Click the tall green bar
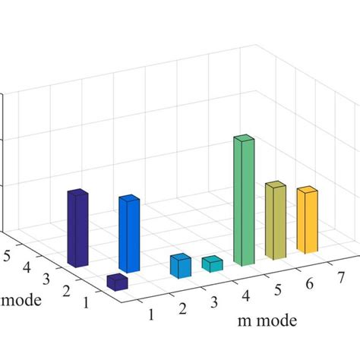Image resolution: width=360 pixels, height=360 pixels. pyautogui.click(x=243, y=201)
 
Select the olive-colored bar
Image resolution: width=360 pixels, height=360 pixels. pyautogui.click(x=275, y=220)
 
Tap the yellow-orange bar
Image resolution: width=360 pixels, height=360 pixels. pyautogui.click(x=307, y=220)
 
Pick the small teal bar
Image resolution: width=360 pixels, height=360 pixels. pyautogui.click(x=212, y=264)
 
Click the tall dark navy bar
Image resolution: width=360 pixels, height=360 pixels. pyautogui.click(x=77, y=228)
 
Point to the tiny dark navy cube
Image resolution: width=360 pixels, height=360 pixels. pyautogui.click(x=117, y=282)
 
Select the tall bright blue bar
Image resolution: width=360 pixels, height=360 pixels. pyautogui.click(x=129, y=234)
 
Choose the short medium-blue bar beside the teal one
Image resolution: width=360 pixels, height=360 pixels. pyautogui.click(x=180, y=266)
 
